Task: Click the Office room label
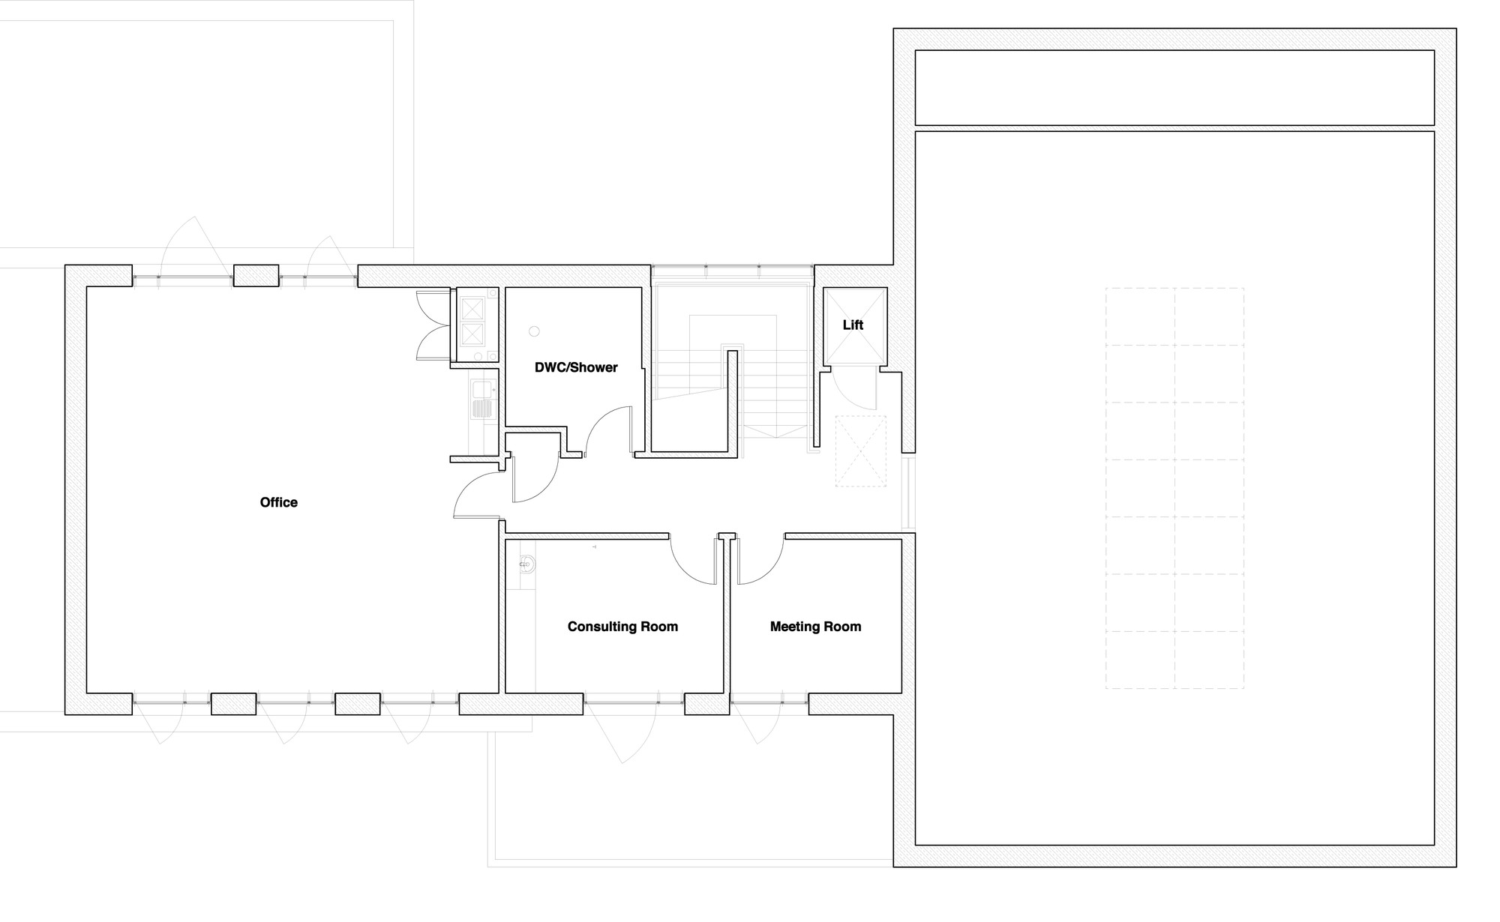278,502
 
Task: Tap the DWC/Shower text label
576,367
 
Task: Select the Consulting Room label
622,627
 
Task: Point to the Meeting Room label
815,627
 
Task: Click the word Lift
853,325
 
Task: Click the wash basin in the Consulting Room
527,564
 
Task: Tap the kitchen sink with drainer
482,399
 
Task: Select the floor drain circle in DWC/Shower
535,331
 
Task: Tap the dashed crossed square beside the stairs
860,451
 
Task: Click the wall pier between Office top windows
256,276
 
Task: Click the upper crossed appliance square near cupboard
472,308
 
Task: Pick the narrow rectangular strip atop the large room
1174,88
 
